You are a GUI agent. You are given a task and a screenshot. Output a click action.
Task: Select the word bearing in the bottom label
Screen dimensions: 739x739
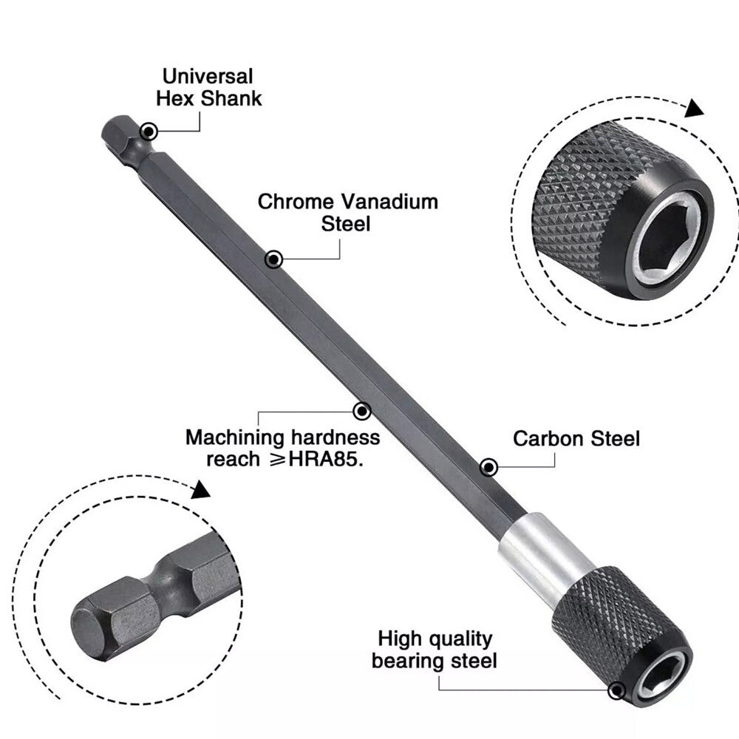pyautogui.click(x=406, y=660)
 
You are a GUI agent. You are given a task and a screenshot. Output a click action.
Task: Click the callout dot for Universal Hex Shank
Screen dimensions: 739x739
pyautogui.click(x=149, y=132)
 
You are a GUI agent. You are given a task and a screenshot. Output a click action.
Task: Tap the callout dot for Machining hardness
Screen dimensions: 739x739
pyautogui.click(x=361, y=411)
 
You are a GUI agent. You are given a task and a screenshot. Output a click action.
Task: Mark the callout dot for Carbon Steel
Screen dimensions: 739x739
pyautogui.click(x=488, y=467)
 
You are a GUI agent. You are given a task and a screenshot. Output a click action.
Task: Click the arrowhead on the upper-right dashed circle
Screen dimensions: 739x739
pyautogui.click(x=692, y=109)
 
